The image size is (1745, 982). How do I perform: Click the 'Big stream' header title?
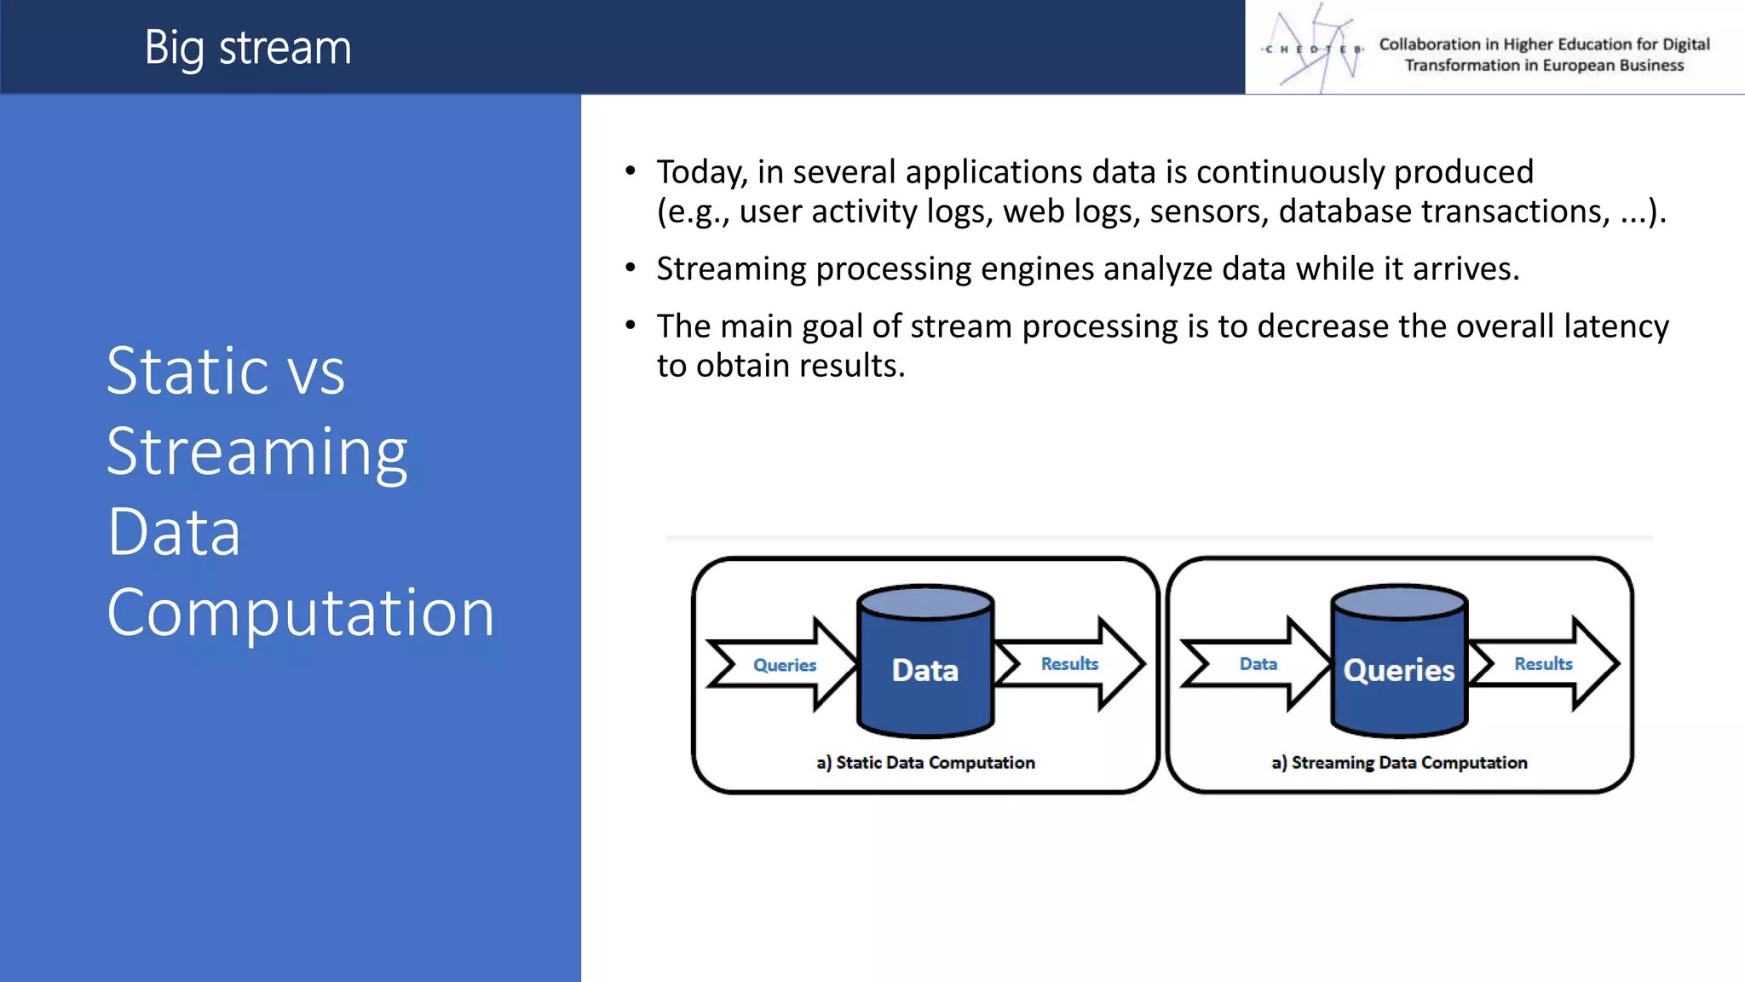(247, 48)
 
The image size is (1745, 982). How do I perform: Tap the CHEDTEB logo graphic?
(1314, 48)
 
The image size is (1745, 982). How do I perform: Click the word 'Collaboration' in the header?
(1430, 44)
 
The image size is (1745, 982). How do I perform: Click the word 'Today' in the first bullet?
(700, 173)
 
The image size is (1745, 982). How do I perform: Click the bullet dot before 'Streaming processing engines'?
(631, 269)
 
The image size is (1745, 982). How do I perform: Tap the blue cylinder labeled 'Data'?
(925, 661)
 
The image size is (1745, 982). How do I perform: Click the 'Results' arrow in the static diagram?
(1070, 663)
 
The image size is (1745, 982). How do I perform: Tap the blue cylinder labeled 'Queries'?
(1399, 661)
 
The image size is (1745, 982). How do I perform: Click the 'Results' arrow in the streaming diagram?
(1543, 663)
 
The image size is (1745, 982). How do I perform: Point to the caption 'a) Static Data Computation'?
(925, 763)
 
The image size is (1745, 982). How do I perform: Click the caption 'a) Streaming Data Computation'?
(1399, 763)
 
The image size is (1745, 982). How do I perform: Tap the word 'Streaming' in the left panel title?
(256, 452)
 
